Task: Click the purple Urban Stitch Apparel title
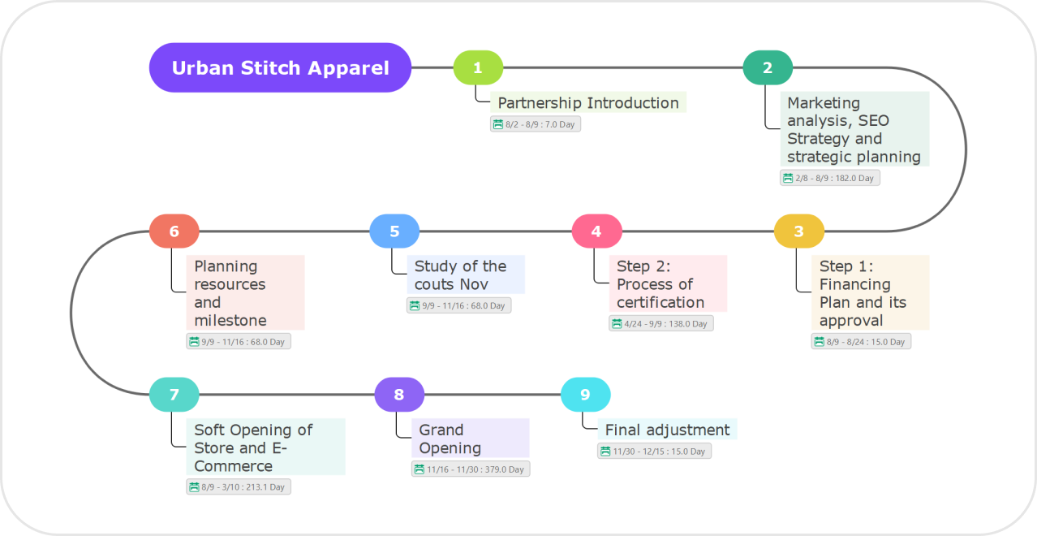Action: (x=280, y=68)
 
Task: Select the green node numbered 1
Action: (x=478, y=68)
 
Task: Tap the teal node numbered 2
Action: (x=768, y=68)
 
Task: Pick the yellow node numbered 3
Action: (x=798, y=231)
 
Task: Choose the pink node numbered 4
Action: (x=596, y=231)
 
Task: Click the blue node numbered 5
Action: (x=394, y=231)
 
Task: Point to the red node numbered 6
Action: (x=174, y=231)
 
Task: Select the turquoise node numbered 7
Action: (x=174, y=395)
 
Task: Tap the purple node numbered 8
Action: (x=398, y=395)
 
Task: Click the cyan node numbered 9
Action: (x=585, y=395)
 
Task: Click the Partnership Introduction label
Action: (x=588, y=102)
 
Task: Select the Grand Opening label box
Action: (x=471, y=439)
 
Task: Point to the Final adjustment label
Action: (x=667, y=430)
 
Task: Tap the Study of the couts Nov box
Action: (x=466, y=274)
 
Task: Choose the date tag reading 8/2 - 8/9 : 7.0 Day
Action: (x=536, y=124)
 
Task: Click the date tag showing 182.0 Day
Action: (x=830, y=178)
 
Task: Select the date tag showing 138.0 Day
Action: (x=661, y=323)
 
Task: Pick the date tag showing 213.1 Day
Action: (x=239, y=486)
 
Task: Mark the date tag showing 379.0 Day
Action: (x=471, y=469)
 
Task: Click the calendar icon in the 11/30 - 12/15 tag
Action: (x=605, y=452)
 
